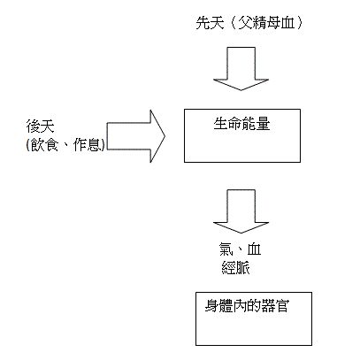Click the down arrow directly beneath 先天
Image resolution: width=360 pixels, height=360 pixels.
click(x=240, y=71)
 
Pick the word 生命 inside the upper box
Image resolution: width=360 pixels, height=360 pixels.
click(x=225, y=124)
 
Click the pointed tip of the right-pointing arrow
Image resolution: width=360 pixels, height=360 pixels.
click(x=164, y=136)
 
